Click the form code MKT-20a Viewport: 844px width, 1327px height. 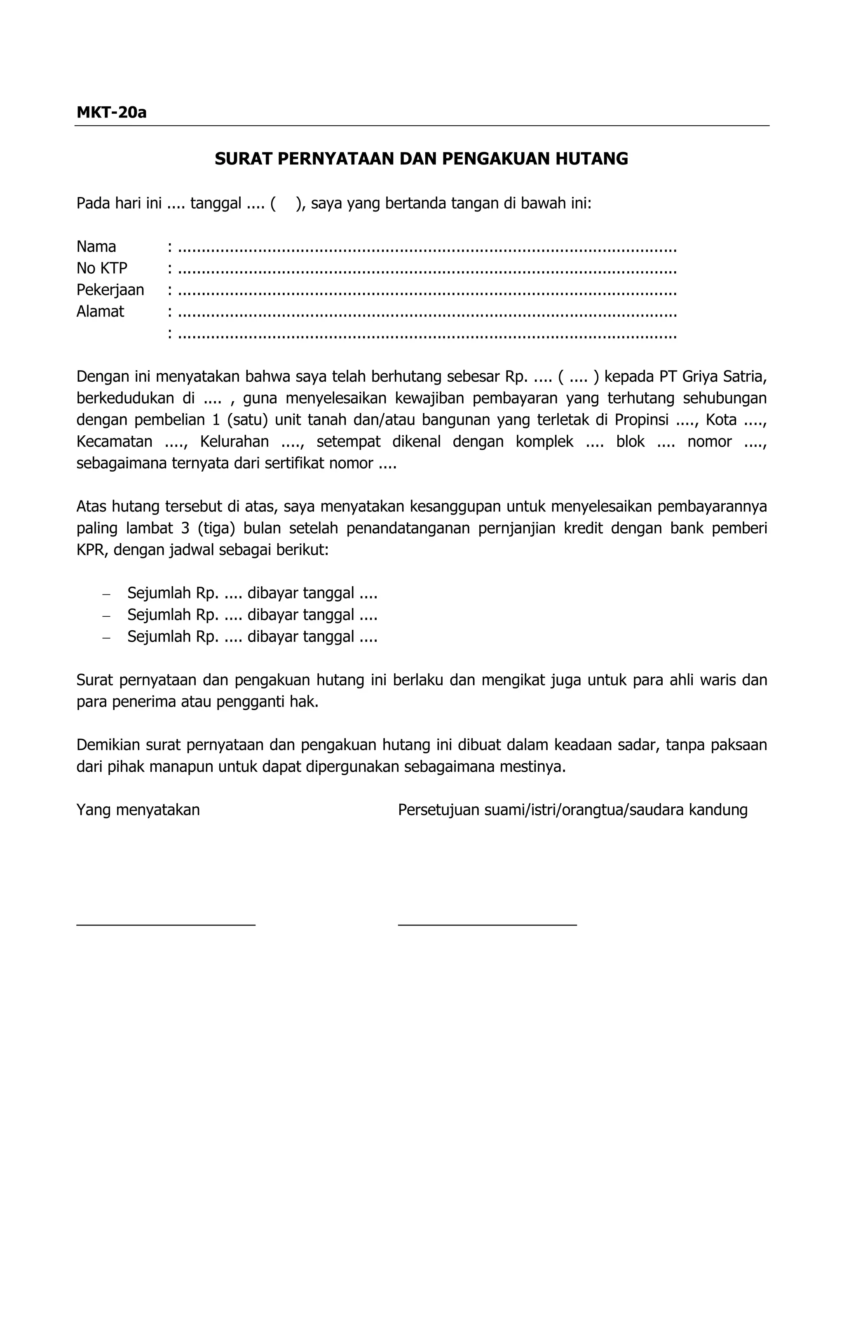coord(111,113)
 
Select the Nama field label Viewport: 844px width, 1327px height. coord(96,247)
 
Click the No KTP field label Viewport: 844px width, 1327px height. coord(101,268)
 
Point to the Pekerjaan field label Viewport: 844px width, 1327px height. coord(110,290)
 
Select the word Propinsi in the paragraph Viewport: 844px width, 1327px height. coord(641,420)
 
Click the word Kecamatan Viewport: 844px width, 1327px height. coord(114,442)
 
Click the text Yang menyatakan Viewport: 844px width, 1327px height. coord(138,810)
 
